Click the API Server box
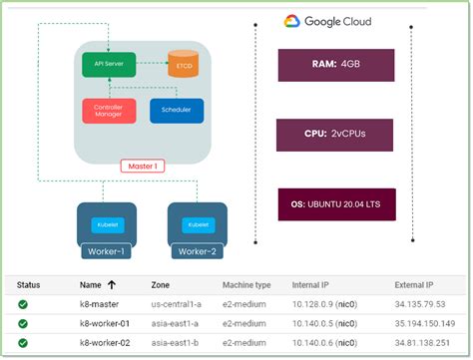point(109,67)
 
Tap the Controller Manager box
point(107,111)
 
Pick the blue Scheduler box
point(176,111)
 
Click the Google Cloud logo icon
point(292,21)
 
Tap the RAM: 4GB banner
point(336,66)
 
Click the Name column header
point(97,284)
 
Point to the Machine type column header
point(245,284)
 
